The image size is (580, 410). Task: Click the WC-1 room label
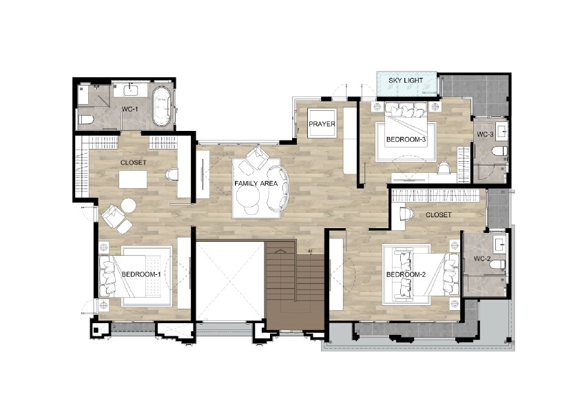tap(130, 109)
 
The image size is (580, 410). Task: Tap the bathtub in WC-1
tap(162, 106)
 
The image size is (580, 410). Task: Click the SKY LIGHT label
tap(406, 81)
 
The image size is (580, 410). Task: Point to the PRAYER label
tap(322, 124)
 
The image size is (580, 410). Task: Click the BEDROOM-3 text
tap(406, 139)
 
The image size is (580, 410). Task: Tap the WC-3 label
tap(485, 134)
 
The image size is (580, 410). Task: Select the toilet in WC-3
tap(499, 151)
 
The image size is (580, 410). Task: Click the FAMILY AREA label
tap(256, 183)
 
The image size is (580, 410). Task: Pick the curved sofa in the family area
tap(278, 188)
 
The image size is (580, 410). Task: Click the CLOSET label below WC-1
tap(133, 163)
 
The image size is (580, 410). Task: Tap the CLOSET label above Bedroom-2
tap(438, 214)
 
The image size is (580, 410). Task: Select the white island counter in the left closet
tap(133, 179)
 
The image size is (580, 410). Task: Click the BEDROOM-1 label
tap(141, 274)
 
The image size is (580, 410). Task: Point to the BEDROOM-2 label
tap(406, 274)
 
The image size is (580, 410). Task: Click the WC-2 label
tap(482, 259)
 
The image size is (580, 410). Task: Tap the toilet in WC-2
tap(498, 264)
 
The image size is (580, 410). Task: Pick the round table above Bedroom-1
tap(128, 205)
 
